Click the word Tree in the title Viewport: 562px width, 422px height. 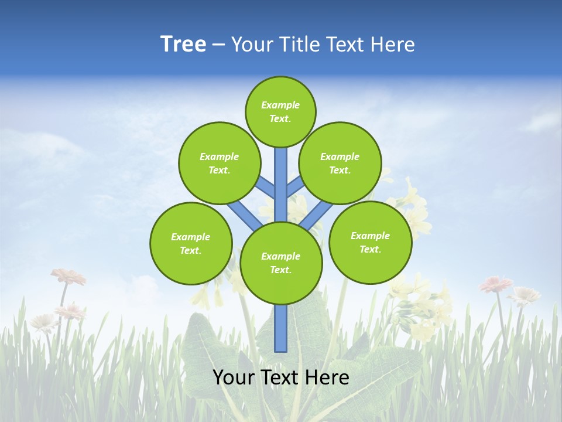[183, 44]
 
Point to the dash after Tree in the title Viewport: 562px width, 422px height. [218, 45]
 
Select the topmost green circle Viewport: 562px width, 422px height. [280, 111]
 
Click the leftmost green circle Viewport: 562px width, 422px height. [191, 243]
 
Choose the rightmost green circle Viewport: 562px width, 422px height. [370, 242]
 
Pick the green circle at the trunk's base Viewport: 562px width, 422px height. [280, 263]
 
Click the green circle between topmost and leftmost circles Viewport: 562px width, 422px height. [219, 163]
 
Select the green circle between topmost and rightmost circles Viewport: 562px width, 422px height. [340, 163]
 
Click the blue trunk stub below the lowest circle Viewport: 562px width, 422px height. [280, 328]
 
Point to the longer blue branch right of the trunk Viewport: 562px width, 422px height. [315, 215]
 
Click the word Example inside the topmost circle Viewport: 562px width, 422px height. [280, 105]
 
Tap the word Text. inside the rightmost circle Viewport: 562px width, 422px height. [370, 249]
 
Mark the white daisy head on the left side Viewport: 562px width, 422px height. [43, 321]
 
